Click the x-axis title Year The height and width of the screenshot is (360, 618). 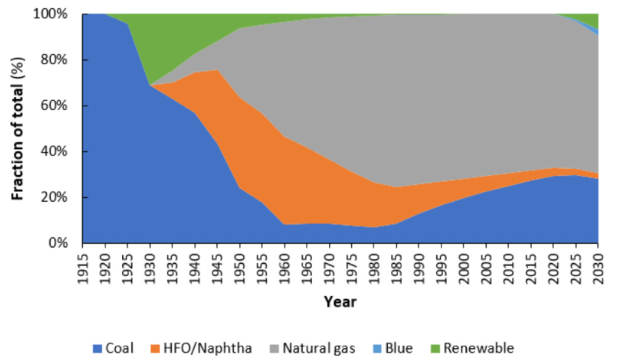point(340,301)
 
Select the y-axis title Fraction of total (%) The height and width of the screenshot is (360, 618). point(17,129)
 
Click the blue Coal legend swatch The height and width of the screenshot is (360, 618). point(98,348)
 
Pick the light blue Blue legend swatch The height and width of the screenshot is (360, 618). point(374,348)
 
